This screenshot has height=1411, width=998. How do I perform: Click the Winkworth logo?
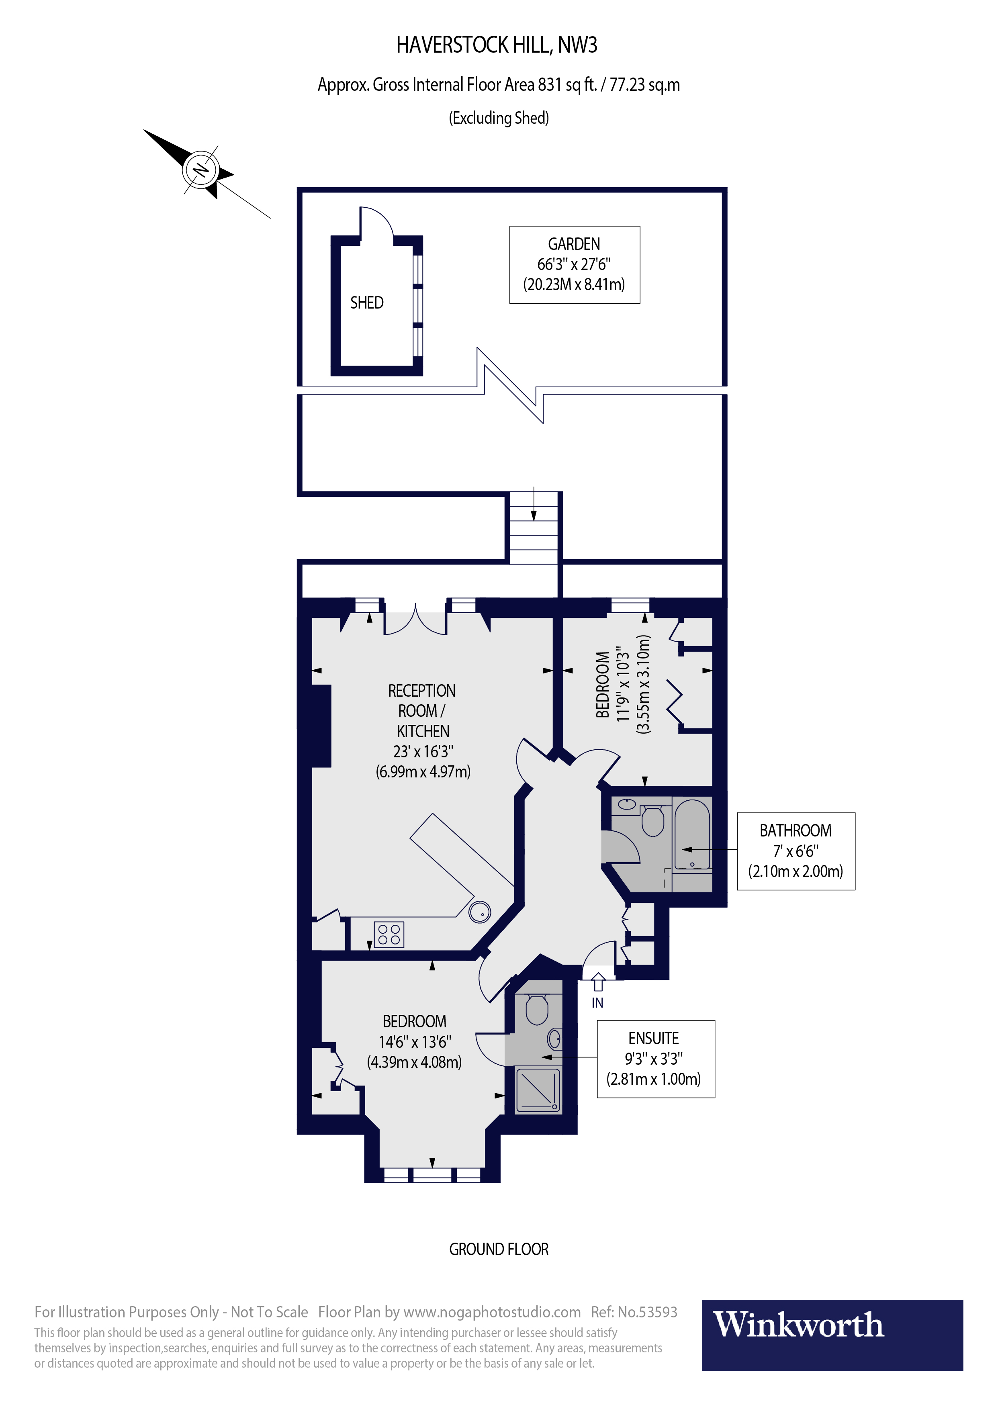[x=832, y=1335]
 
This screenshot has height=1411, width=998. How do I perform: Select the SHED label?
[x=367, y=303]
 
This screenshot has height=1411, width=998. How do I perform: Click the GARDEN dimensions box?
[x=575, y=265]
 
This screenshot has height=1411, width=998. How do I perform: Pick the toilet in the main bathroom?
[x=652, y=820]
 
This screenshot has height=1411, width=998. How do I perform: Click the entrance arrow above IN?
[x=598, y=982]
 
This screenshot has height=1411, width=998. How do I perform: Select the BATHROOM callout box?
[x=796, y=851]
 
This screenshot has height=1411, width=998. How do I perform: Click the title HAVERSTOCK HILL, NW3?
[x=497, y=45]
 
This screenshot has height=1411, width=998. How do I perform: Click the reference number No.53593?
[x=647, y=1312]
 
